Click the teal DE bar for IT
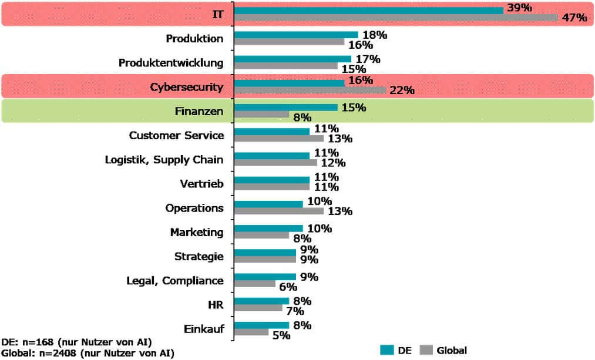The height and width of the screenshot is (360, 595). (x=369, y=10)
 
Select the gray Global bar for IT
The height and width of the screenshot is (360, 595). (x=396, y=18)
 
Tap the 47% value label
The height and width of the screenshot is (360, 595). (x=574, y=18)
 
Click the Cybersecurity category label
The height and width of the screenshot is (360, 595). (x=187, y=88)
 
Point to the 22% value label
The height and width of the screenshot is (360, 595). (x=402, y=90)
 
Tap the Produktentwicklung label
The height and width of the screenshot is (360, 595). (x=171, y=62)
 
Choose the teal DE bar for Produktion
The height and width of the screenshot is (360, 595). (x=296, y=35)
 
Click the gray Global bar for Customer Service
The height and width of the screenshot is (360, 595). (x=279, y=139)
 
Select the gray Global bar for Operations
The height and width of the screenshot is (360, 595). (x=279, y=211)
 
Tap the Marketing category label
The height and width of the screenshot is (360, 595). (x=197, y=232)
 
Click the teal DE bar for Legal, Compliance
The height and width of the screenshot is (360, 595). (x=265, y=277)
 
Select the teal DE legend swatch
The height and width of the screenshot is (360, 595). (x=386, y=350)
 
